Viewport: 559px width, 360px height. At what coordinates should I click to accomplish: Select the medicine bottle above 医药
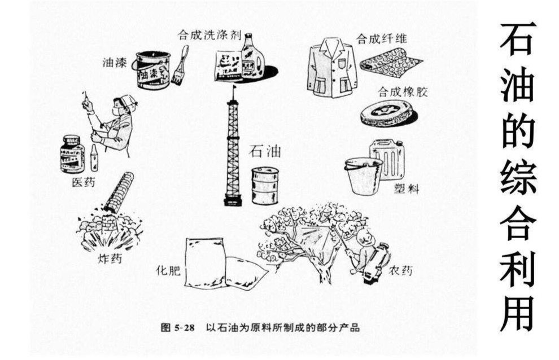[x=73, y=154]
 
